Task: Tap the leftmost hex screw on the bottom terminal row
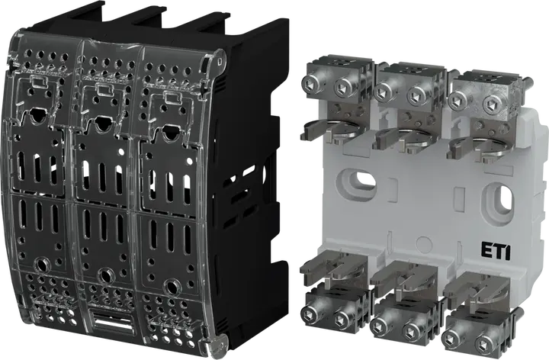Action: (310, 313)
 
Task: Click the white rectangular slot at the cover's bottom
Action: (111, 320)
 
